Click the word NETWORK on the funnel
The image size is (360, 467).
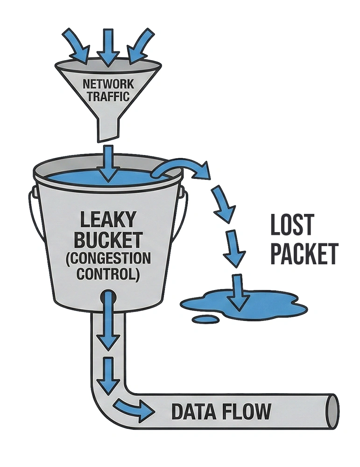pos(108,84)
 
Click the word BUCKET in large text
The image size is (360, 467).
pos(108,241)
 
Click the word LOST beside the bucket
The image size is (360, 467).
pos(292,226)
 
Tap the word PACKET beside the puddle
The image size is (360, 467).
pos(304,254)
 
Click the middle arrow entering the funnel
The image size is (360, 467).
pos(108,47)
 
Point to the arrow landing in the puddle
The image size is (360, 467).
pos(239,292)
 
